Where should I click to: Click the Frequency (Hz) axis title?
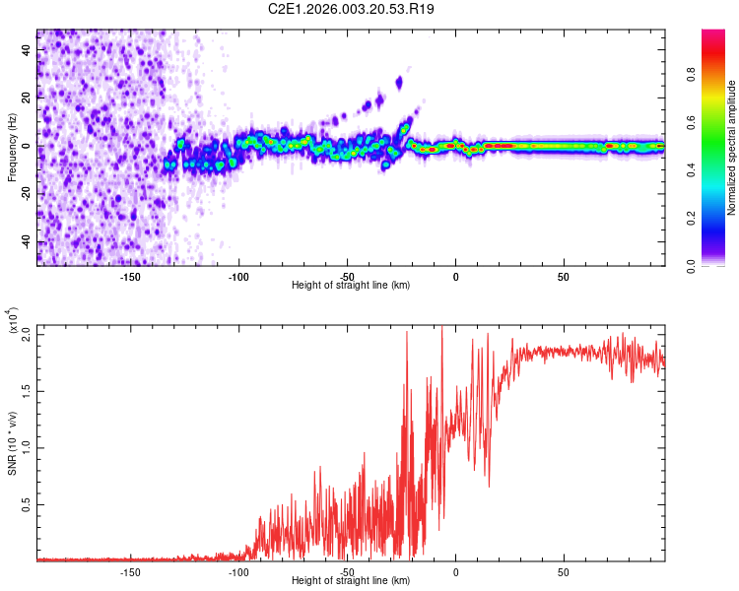[x=12, y=148]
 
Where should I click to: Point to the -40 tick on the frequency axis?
[x=27, y=242]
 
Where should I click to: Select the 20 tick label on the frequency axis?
[x=27, y=98]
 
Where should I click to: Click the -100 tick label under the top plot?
[x=238, y=276]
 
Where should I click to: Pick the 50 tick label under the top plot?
[x=563, y=276]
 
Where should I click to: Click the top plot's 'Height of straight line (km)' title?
[x=351, y=286]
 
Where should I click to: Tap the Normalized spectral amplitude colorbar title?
[x=732, y=148]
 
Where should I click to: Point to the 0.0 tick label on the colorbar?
[x=716, y=265]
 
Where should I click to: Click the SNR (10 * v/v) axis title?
[x=12, y=443]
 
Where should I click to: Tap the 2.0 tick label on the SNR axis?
[x=27, y=334]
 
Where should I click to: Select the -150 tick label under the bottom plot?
[x=130, y=571]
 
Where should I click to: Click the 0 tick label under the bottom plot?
[x=455, y=571]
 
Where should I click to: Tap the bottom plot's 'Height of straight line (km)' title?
[x=351, y=581]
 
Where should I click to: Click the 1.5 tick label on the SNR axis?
[x=27, y=391]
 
